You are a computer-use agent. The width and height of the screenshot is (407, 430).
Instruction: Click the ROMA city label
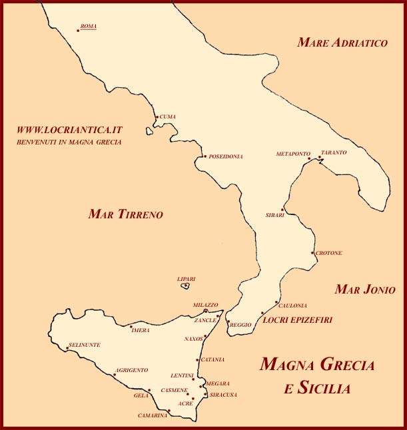coord(88,27)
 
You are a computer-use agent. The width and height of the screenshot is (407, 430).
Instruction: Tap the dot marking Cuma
coord(157,118)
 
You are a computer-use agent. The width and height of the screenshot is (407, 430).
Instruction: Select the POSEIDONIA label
coord(226,156)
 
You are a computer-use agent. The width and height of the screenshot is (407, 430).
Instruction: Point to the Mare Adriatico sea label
coord(342,43)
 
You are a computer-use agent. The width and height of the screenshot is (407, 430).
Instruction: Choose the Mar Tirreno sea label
coord(125,214)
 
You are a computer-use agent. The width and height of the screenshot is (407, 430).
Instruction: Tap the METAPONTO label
coord(293,154)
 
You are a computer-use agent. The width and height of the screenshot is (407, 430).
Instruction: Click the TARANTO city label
coord(334,152)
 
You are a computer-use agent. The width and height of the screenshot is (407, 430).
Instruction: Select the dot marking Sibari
coord(282,210)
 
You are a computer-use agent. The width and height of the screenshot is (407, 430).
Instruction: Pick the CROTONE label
coord(329,253)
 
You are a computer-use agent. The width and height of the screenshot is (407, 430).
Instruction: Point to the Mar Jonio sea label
coord(365,290)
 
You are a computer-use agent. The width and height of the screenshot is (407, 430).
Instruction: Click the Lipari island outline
coord(186,286)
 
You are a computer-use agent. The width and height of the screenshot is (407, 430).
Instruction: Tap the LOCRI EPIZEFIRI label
coord(298,320)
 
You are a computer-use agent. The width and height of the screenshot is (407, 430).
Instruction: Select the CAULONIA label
coord(292,306)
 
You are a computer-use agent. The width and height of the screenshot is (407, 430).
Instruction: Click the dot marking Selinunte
coord(67,348)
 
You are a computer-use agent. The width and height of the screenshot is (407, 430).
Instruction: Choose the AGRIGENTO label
coord(132,369)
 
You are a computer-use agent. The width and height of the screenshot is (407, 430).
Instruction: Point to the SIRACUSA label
coord(223,395)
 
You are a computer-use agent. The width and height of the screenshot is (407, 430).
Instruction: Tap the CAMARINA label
coord(152,416)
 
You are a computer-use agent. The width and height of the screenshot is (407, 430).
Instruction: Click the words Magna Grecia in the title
coord(316,365)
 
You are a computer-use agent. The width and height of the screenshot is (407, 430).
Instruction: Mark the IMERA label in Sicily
coord(141,330)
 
